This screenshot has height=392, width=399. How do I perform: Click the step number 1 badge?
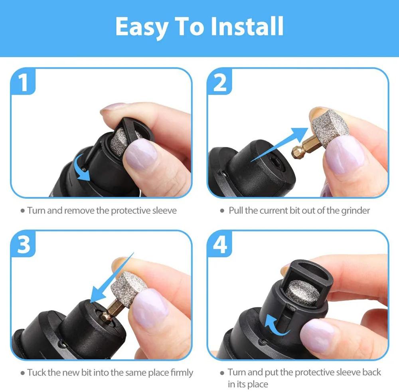pyautogui.click(x=24, y=83)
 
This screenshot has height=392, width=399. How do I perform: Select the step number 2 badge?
pyautogui.click(x=220, y=83)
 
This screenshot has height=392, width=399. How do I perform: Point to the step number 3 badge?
pyautogui.click(x=24, y=244)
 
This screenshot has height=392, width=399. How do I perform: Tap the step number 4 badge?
pyautogui.click(x=220, y=245)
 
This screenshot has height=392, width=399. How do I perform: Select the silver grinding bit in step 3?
pyautogui.click(x=128, y=286)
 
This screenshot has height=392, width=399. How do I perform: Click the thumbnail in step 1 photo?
pyautogui.click(x=140, y=153)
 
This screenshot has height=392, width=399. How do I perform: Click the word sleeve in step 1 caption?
pyautogui.click(x=164, y=210)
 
